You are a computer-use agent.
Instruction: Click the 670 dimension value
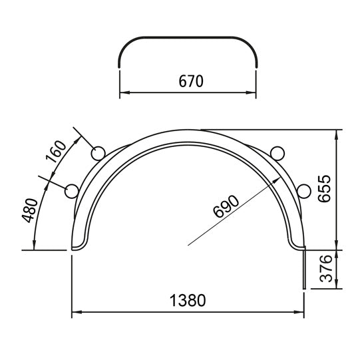pyautogui.click(x=190, y=81)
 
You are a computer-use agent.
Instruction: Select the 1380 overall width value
pyautogui.click(x=188, y=300)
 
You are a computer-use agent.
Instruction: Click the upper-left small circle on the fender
pyautogui.click(x=98, y=154)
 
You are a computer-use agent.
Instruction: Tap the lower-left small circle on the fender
pyautogui.click(x=71, y=192)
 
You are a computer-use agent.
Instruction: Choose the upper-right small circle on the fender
pyautogui.click(x=278, y=154)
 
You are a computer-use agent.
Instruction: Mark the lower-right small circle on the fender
pyautogui.click(x=305, y=192)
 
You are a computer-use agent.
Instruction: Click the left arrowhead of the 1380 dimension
pyautogui.click(x=75, y=311)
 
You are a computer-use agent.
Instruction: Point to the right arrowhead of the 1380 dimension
pyautogui.click(x=301, y=311)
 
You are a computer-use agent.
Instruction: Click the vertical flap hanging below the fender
pyautogui.click(x=305, y=270)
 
